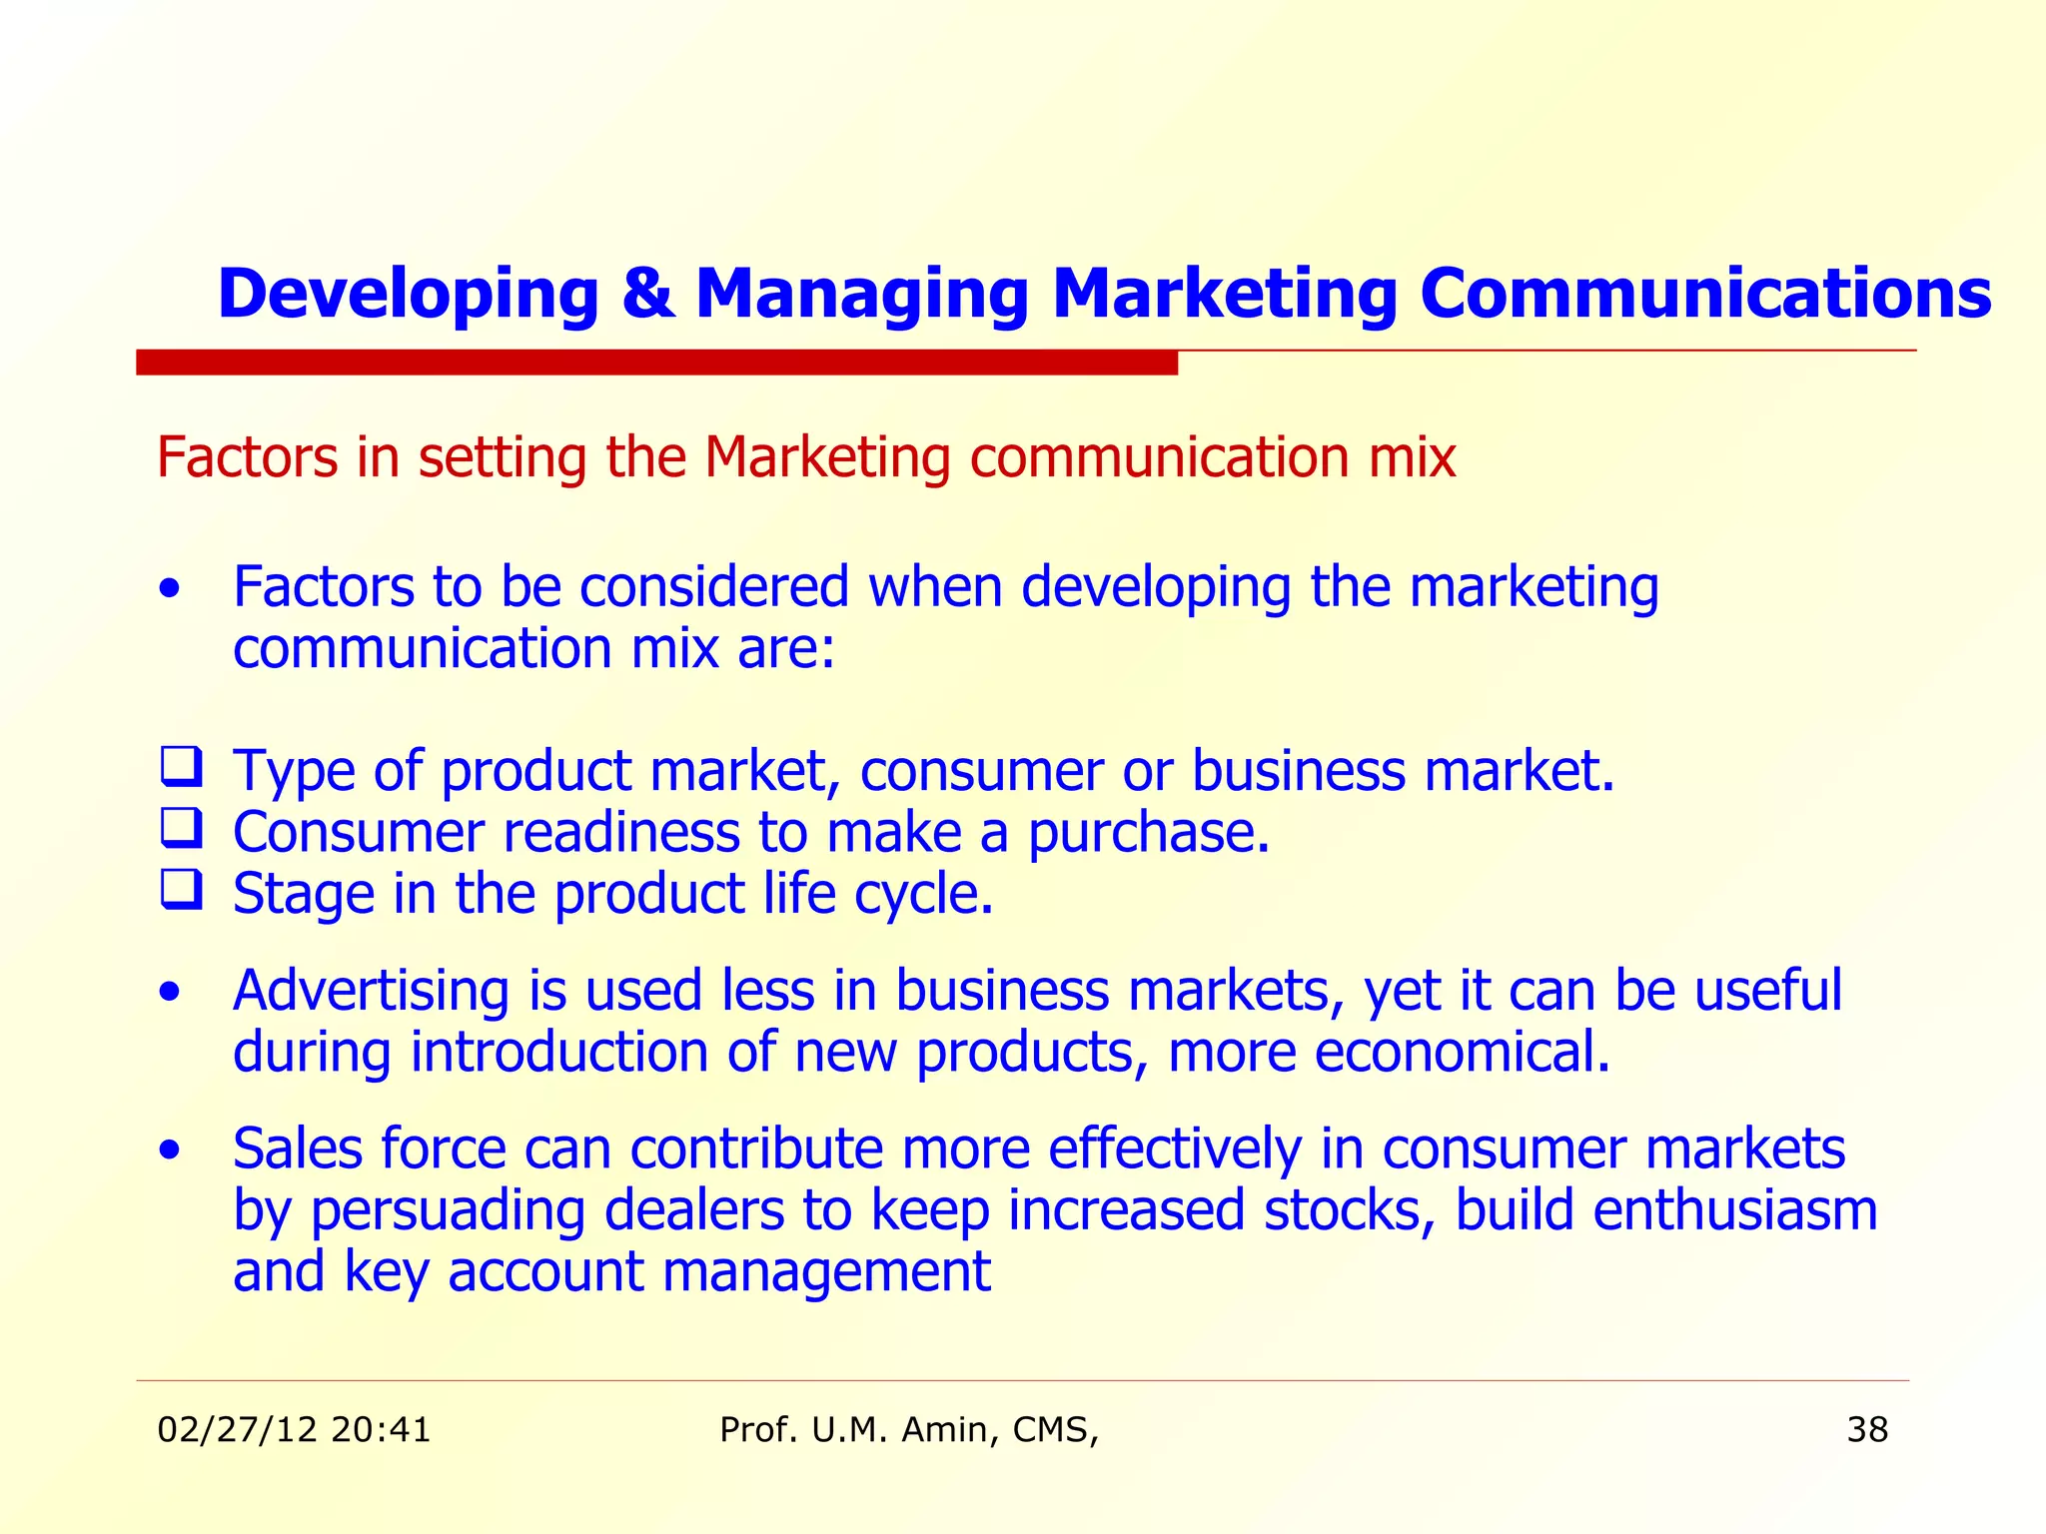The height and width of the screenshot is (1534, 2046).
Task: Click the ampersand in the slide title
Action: (646, 295)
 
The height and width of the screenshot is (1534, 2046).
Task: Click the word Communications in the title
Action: (1705, 295)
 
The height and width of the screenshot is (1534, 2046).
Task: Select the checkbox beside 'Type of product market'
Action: (181, 767)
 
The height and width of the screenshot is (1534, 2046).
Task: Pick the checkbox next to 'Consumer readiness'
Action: (181, 829)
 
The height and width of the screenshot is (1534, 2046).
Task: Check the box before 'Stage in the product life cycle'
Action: (181, 890)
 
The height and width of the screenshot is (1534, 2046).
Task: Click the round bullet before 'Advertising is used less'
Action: (171, 993)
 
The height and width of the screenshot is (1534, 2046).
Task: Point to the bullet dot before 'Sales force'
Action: (171, 1150)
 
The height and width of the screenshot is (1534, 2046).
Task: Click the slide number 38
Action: (1866, 1430)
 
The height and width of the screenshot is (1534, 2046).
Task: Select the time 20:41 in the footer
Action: (381, 1430)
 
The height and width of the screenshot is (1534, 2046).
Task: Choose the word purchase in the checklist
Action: (1148, 833)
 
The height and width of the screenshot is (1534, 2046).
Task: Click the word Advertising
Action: (371, 991)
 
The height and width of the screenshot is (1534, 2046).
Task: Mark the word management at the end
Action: (826, 1272)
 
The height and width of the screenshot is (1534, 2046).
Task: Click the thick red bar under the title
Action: (656, 362)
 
